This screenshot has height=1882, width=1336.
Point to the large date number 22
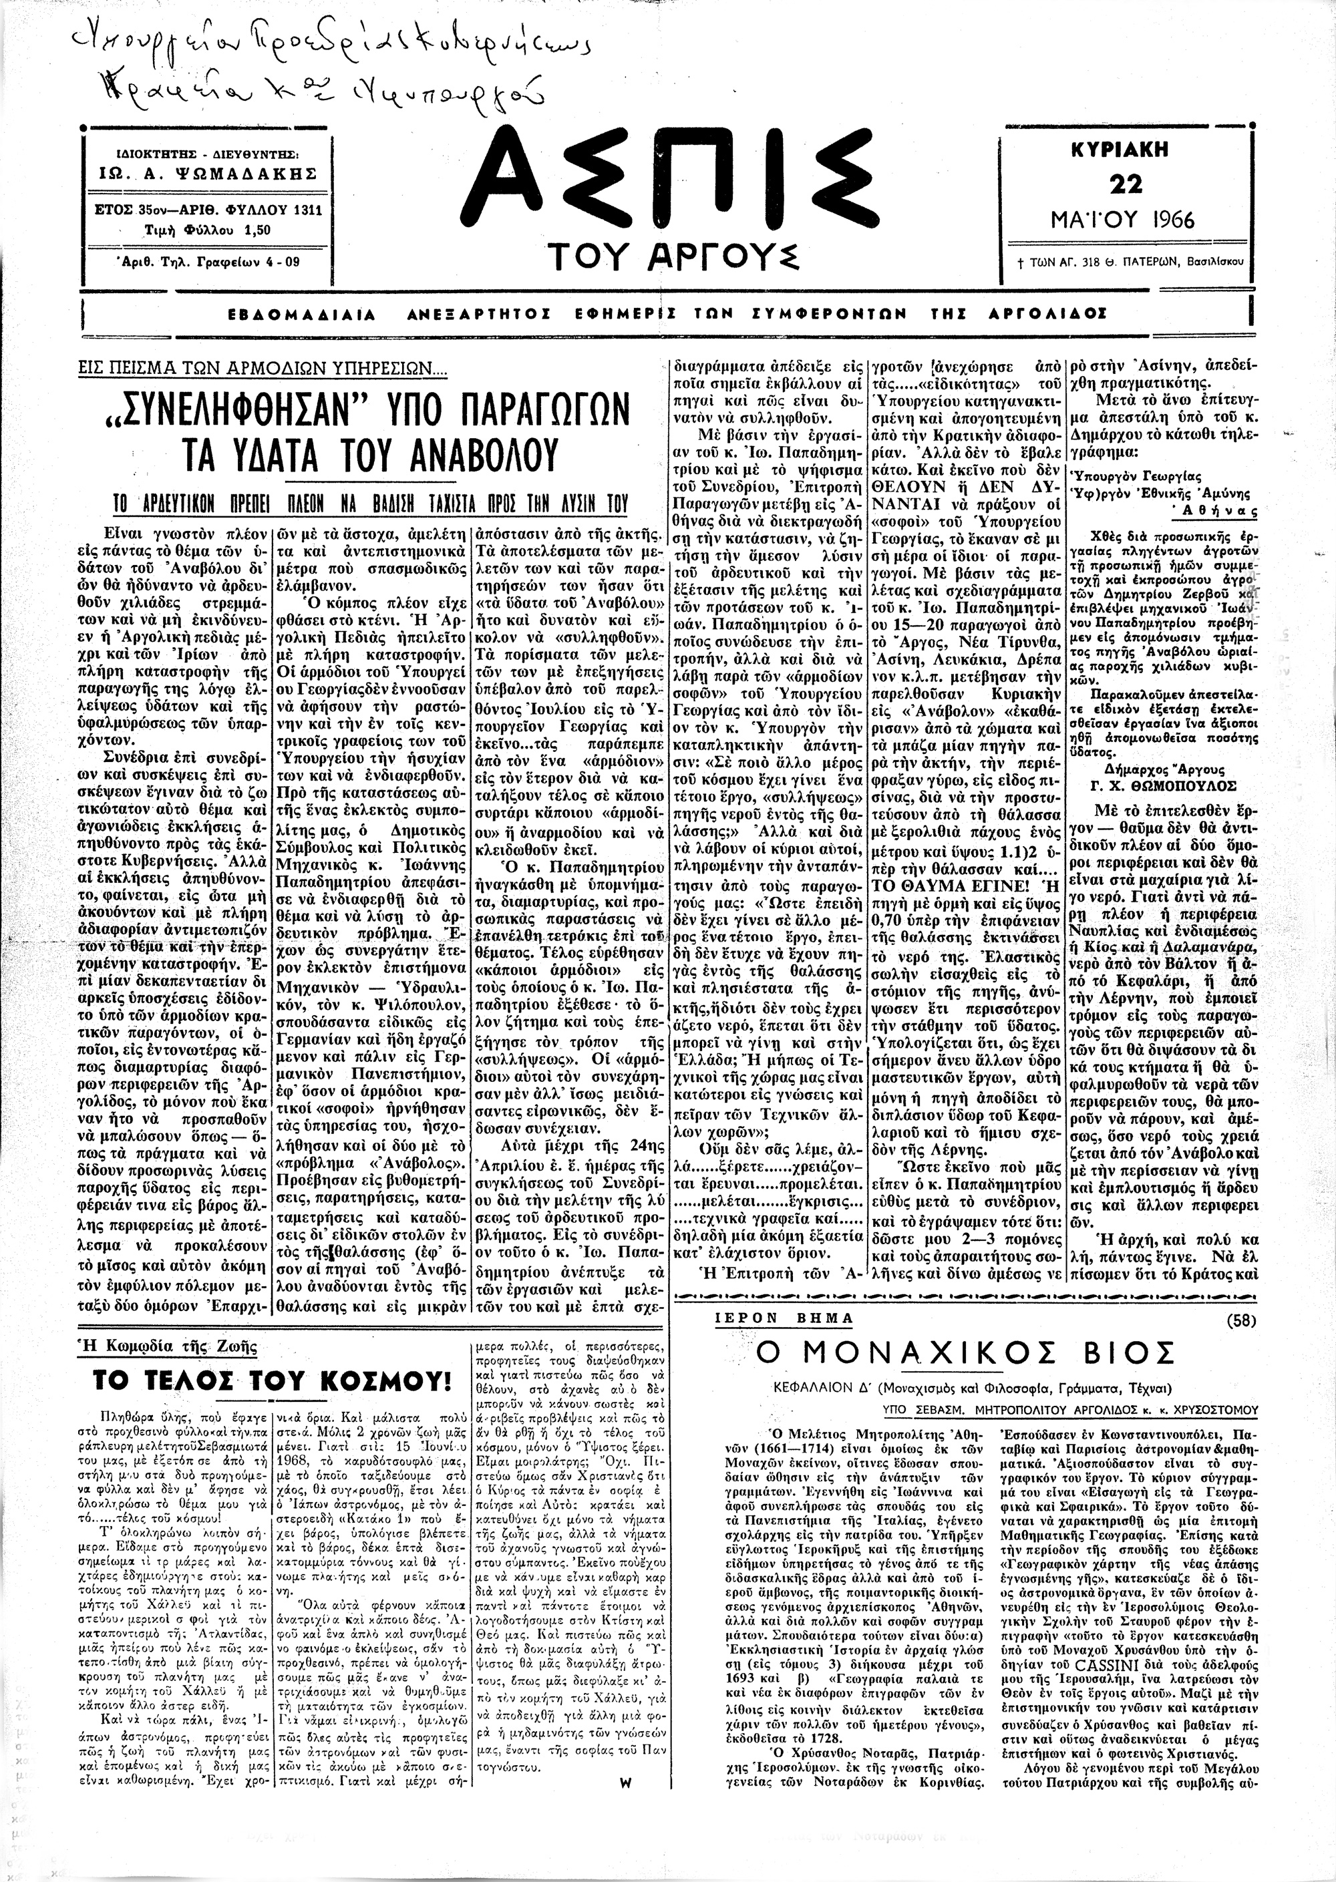coord(1124,184)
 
